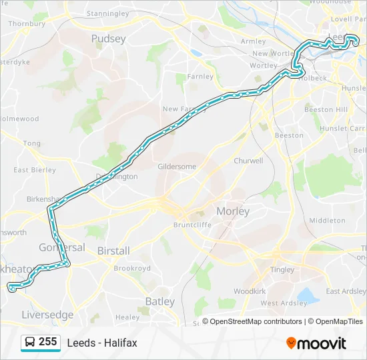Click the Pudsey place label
(108, 39)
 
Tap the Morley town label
(233, 211)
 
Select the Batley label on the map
(160, 301)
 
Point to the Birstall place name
(113, 251)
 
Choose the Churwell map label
(248, 161)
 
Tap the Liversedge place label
(47, 315)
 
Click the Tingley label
(282, 269)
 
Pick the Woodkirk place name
(250, 291)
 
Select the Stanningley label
(107, 13)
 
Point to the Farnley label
(200, 77)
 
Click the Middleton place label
(327, 220)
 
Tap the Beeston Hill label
(326, 109)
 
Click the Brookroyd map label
(133, 268)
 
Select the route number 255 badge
(47, 342)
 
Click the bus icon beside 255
(30, 342)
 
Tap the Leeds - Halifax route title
(102, 343)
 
